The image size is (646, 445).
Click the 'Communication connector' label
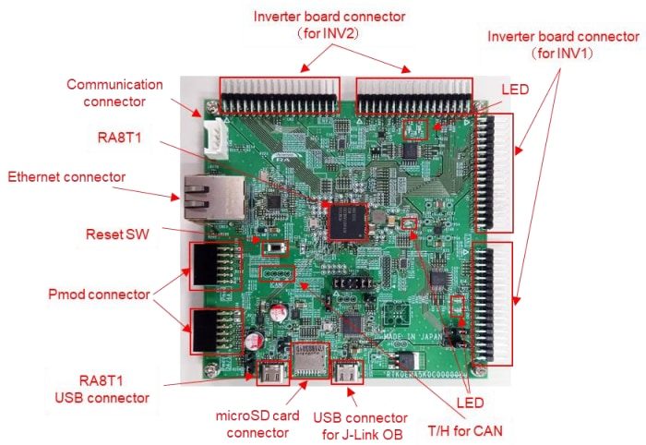(114, 92)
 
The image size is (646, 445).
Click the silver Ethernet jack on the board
(202, 193)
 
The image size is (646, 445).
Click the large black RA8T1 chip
(347, 218)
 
